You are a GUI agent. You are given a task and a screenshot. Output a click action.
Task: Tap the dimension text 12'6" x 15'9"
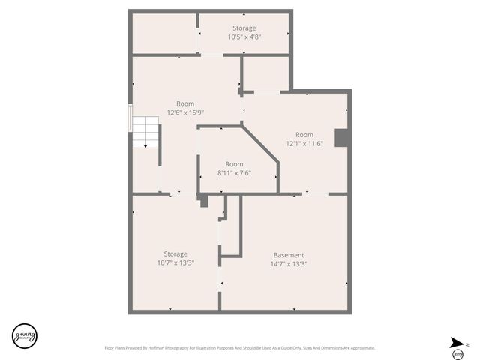(185, 112)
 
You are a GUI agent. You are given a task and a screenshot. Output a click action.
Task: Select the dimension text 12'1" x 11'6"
(304, 143)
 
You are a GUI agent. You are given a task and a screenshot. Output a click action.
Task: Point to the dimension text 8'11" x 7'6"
(234, 173)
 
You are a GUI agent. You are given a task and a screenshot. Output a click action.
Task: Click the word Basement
(288, 254)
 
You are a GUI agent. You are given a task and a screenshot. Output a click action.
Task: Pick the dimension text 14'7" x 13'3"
(289, 264)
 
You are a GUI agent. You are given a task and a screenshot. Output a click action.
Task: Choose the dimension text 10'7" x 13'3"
(175, 263)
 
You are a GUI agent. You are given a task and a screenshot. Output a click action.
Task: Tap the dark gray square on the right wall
(342, 138)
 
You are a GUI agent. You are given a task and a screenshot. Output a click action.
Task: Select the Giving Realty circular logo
(24, 335)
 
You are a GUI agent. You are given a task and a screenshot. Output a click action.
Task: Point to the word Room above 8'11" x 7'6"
(234, 164)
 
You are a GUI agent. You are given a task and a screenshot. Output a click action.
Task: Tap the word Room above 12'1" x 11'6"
(304, 135)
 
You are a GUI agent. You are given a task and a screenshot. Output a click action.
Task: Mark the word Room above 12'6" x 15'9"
(185, 103)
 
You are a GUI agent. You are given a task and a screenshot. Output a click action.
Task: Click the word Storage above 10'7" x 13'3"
(175, 254)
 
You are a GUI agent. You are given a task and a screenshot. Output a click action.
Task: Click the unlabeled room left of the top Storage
(164, 33)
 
